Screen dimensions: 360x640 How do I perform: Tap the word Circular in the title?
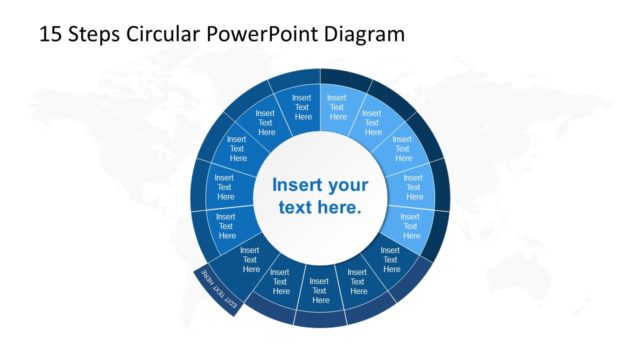(164, 34)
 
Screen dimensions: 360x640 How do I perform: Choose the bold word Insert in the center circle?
(299, 185)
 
